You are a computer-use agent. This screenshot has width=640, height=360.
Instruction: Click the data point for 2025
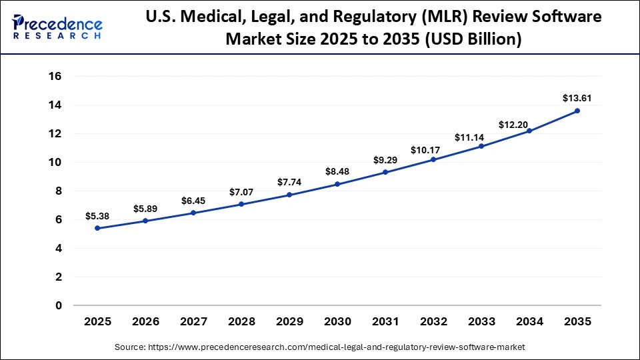[x=97, y=228]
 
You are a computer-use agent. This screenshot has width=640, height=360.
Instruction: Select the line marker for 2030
[x=337, y=184]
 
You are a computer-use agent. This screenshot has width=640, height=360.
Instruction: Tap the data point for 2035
[x=577, y=111]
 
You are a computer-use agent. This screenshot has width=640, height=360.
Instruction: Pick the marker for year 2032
[x=433, y=159]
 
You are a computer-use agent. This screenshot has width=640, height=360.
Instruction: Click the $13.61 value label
[x=577, y=98]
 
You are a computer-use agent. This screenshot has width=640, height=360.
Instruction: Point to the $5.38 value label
[x=97, y=216]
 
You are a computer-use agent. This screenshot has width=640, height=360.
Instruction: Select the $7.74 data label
[x=289, y=182]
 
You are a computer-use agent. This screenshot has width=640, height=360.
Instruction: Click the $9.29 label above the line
[x=385, y=160]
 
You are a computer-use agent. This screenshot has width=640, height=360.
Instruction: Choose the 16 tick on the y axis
[x=55, y=77]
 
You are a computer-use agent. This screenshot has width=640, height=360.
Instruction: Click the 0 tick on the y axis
[x=59, y=305]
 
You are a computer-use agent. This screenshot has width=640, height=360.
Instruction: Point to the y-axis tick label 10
[x=55, y=163]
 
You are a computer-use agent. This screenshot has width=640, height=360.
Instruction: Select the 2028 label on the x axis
[x=241, y=322]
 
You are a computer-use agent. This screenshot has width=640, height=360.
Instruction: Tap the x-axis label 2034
[x=529, y=322]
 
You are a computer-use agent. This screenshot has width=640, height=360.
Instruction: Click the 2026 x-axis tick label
[x=145, y=322]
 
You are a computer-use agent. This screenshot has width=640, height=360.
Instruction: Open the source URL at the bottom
[x=320, y=347]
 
